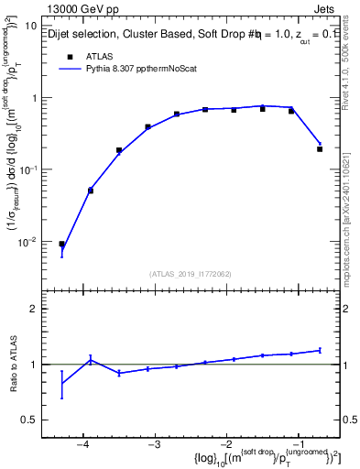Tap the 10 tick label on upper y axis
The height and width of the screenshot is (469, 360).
(30, 27)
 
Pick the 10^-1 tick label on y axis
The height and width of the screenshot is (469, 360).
(27, 169)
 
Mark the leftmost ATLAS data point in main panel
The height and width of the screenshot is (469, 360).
(61, 245)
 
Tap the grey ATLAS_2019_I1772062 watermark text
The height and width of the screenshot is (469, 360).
(190, 274)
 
